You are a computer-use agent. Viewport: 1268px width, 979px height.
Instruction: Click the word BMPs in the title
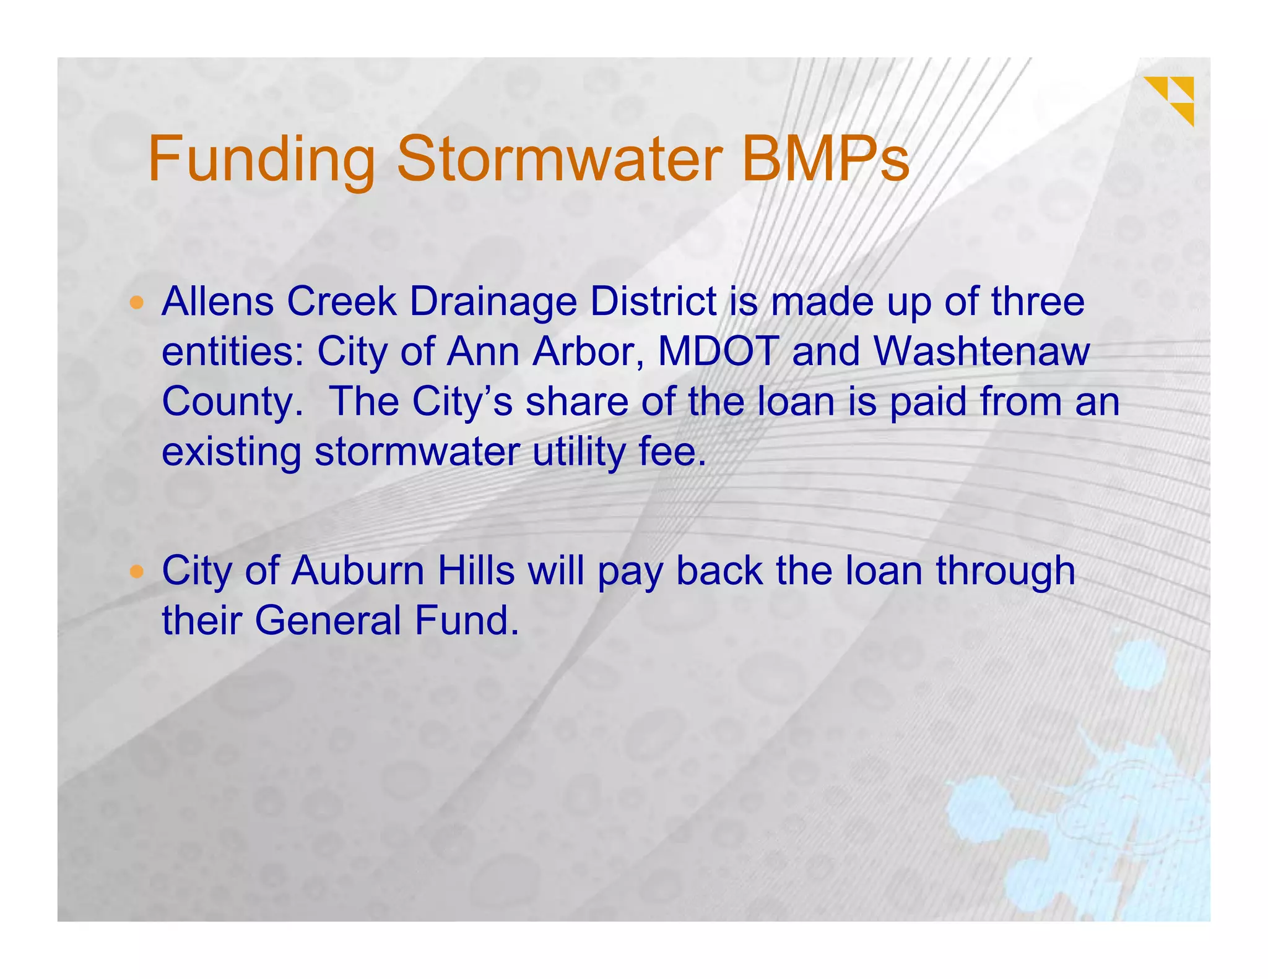pyautogui.click(x=825, y=160)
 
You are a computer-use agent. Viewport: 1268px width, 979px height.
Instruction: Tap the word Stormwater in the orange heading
pyautogui.click(x=560, y=160)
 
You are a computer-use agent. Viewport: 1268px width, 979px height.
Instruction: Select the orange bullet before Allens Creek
pyautogui.click(x=137, y=303)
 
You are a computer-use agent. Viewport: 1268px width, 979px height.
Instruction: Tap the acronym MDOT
pyautogui.click(x=718, y=351)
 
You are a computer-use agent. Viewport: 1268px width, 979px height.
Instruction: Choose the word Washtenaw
pyautogui.click(x=981, y=351)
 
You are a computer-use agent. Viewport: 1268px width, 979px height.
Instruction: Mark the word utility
pyautogui.click(x=579, y=452)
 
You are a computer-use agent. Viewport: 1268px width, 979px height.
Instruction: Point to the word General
pyautogui.click(x=328, y=621)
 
